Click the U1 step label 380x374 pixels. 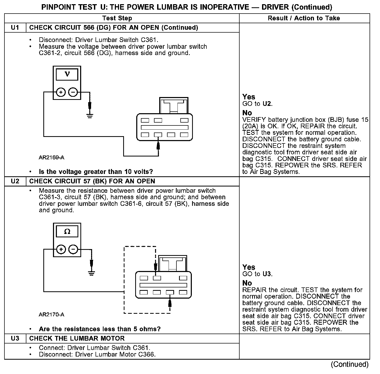pos(15,28)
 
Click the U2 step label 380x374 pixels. pos(15,181)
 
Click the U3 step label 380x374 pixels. pos(15,339)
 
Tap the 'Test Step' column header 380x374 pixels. pos(117,18)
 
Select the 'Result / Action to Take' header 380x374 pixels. pos(304,18)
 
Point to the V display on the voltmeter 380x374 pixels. pos(67,74)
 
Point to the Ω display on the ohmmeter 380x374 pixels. pos(67,232)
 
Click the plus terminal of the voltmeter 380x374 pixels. pos(61,92)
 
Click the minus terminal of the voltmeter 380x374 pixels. pos(73,92)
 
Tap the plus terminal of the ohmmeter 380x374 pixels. pos(61,249)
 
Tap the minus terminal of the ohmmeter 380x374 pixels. pos(73,249)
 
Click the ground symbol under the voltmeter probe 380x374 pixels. pos(90,116)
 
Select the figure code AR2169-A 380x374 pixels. pos(51,158)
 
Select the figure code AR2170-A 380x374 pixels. pos(51,315)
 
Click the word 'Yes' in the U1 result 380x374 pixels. pos(249,97)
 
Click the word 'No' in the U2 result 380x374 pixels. pos(247,283)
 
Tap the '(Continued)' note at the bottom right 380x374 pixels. pos(350,364)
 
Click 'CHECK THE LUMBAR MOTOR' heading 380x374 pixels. pos(77,339)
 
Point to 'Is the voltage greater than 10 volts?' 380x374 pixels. pos(96,172)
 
